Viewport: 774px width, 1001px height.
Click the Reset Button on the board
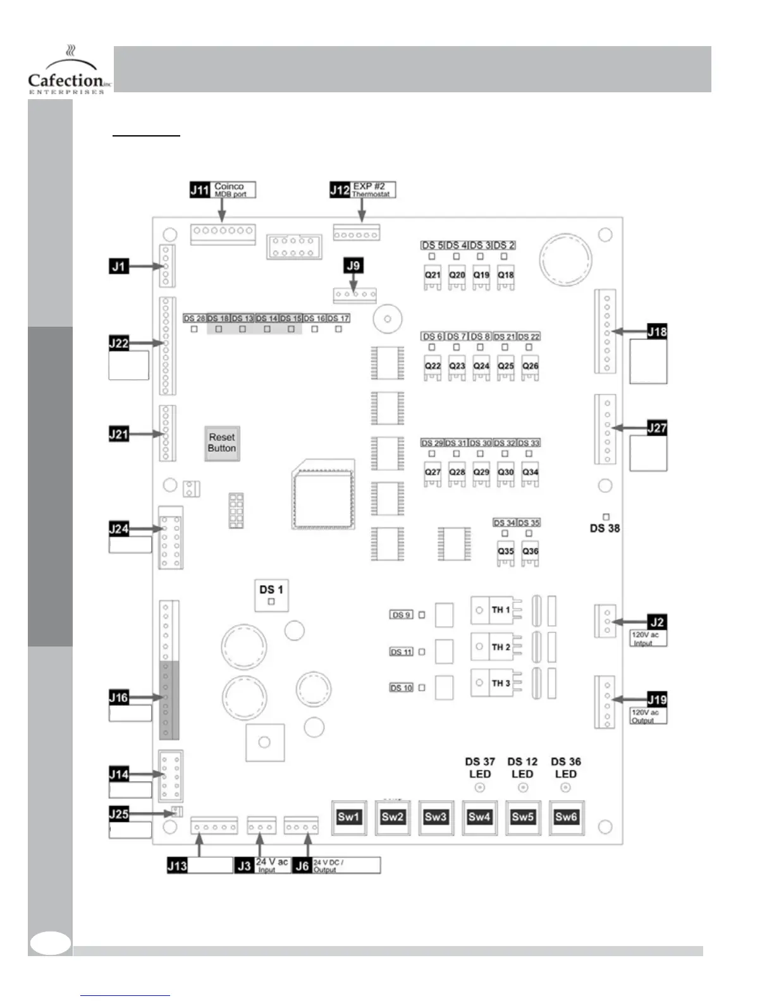(222, 442)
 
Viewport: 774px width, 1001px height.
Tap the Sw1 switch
(348, 816)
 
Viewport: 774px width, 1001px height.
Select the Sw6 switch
(566, 816)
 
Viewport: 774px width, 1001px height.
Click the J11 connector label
(200, 190)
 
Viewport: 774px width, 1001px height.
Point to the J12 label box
(340, 190)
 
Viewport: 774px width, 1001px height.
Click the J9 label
(353, 265)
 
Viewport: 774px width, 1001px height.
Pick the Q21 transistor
(433, 276)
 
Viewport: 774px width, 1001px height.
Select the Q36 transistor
(531, 552)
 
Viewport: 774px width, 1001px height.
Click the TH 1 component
(500, 610)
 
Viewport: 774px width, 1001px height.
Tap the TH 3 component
(500, 683)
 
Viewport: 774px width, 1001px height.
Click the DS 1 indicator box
(271, 595)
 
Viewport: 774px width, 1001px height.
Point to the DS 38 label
(605, 528)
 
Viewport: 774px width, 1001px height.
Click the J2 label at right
(657, 622)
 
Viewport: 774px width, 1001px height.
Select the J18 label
(657, 331)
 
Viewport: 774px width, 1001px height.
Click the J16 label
(119, 698)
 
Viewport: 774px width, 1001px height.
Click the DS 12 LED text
(522, 768)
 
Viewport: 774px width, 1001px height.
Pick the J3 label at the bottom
(244, 865)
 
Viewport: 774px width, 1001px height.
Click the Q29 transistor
(481, 473)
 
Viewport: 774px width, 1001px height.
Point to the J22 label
(119, 343)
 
